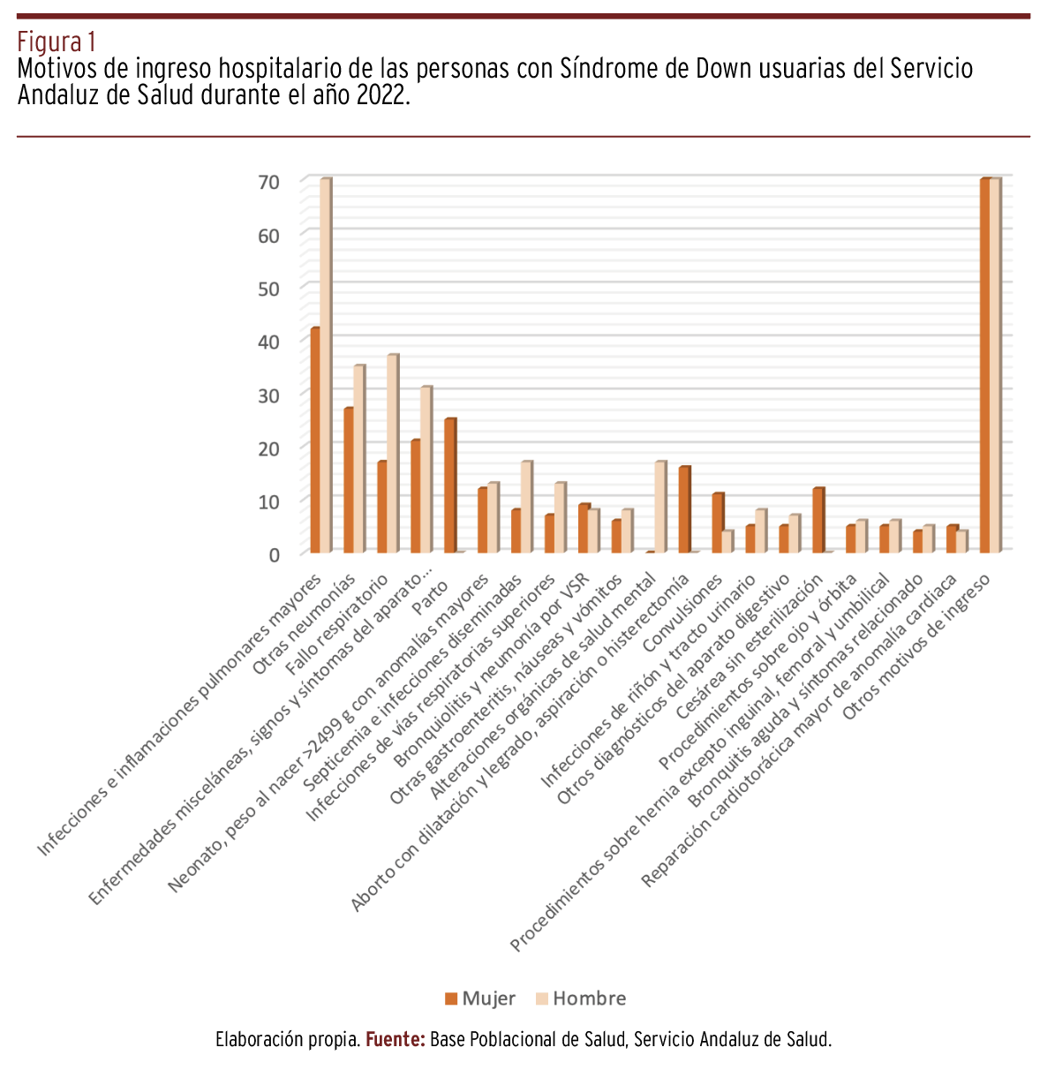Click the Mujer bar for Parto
click(x=449, y=486)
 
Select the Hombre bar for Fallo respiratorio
click(x=392, y=454)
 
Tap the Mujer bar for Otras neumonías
click(x=349, y=480)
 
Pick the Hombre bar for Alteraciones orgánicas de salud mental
click(x=659, y=507)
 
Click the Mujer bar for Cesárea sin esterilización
click(x=818, y=520)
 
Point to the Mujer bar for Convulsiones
click(x=718, y=523)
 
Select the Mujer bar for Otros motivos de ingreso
click(x=985, y=365)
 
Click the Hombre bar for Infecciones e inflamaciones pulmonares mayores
click(x=325, y=365)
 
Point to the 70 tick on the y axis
click(x=269, y=182)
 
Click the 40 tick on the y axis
click(x=269, y=342)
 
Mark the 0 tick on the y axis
click(x=275, y=554)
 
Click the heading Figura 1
click(x=57, y=41)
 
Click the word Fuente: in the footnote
click(x=396, y=1040)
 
